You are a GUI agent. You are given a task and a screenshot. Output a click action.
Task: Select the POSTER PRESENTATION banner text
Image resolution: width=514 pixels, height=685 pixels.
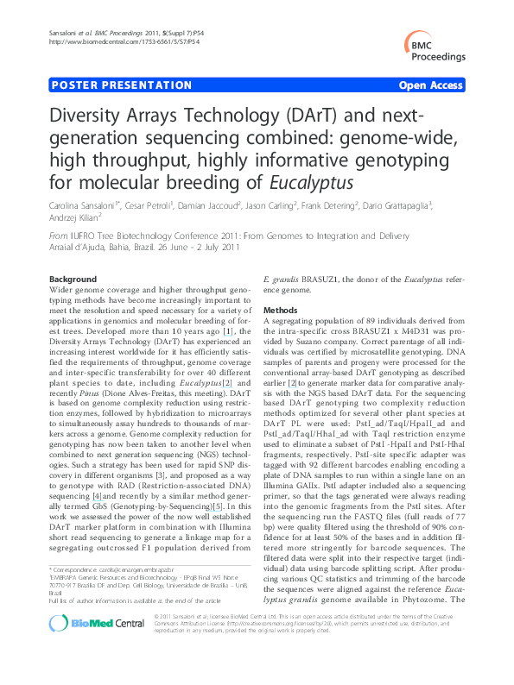(x=121, y=85)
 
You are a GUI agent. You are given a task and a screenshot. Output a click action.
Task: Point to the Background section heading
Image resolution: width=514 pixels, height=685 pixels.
(x=73, y=280)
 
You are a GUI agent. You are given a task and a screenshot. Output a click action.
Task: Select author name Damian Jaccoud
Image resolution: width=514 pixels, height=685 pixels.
(x=208, y=208)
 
